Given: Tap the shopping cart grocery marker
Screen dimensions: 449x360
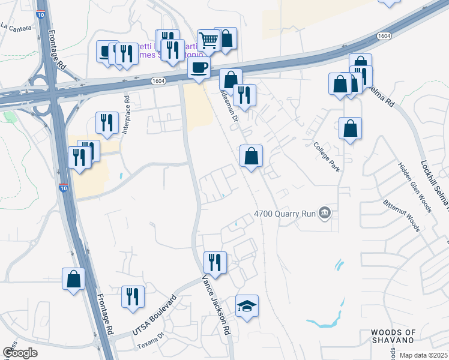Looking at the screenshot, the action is click(x=208, y=41).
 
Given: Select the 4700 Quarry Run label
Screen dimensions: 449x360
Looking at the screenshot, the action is click(x=285, y=213).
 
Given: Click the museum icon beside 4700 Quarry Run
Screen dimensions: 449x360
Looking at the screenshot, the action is click(x=325, y=212).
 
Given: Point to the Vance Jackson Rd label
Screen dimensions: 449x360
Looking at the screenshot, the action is click(x=216, y=304).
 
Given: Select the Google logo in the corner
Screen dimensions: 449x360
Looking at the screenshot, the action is click(x=20, y=353).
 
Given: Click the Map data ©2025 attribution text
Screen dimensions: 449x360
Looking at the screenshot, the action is click(x=424, y=355).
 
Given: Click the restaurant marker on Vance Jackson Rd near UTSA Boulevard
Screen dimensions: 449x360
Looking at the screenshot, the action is click(x=214, y=262).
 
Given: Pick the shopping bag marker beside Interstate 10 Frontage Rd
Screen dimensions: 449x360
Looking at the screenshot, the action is click(x=73, y=278).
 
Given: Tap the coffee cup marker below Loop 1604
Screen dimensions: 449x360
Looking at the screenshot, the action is click(x=199, y=68).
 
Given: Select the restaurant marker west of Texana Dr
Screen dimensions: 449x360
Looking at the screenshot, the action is click(x=133, y=296).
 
